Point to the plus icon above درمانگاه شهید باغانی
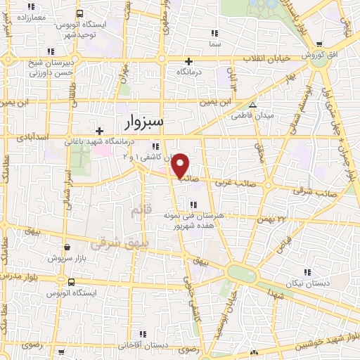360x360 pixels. [x=100, y=131]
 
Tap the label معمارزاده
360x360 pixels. [x=29, y=15]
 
